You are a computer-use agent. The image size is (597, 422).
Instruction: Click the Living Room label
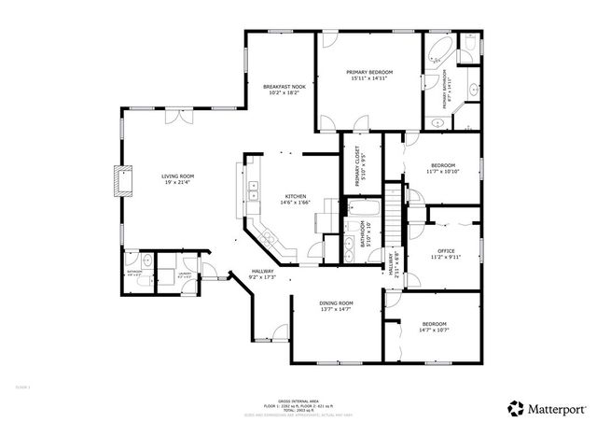(x=177, y=176)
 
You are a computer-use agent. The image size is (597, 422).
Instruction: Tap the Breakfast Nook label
(x=284, y=86)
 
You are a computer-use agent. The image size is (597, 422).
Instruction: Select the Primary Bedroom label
(x=368, y=72)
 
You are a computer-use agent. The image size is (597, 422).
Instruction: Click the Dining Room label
(x=337, y=302)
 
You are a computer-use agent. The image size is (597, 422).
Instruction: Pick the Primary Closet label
(x=351, y=163)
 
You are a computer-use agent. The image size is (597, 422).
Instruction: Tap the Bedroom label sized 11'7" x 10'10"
(x=442, y=165)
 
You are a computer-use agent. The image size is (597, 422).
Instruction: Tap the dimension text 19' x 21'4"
(x=177, y=182)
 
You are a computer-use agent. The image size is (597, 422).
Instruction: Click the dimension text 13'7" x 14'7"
(x=337, y=309)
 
